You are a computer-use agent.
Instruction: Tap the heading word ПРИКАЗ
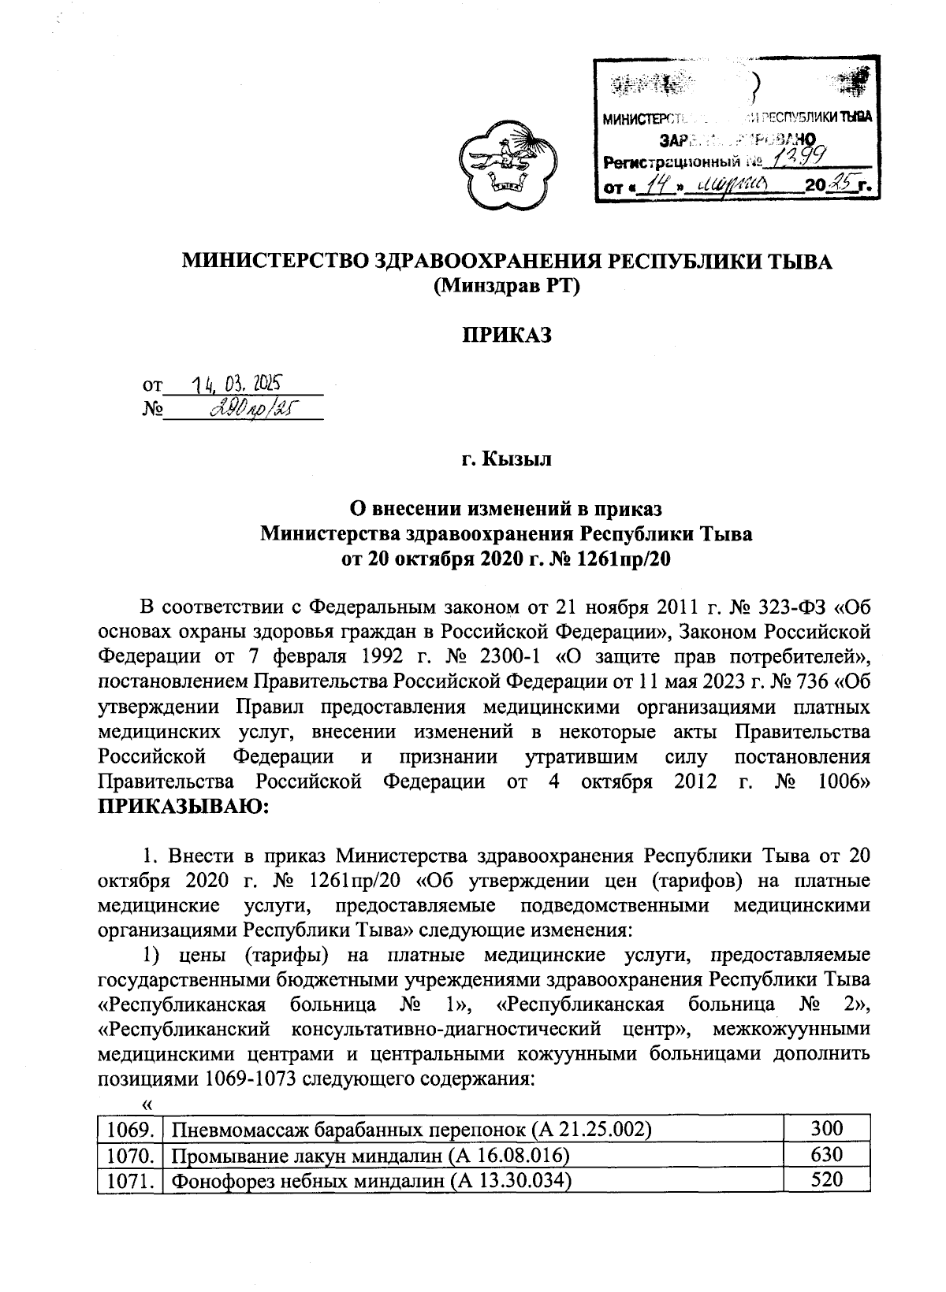pos(507,336)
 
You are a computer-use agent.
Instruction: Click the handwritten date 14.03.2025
pos(237,385)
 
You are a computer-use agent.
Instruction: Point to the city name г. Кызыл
pos(507,459)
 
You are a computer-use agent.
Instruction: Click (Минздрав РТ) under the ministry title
pos(507,287)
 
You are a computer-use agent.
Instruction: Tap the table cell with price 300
pos(827,1129)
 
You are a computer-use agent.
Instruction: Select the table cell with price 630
pos(827,1154)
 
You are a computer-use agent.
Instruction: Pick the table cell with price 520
pos(827,1179)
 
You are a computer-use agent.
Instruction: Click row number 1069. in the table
pos(129,1129)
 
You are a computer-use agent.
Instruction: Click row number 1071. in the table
pos(129,1179)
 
